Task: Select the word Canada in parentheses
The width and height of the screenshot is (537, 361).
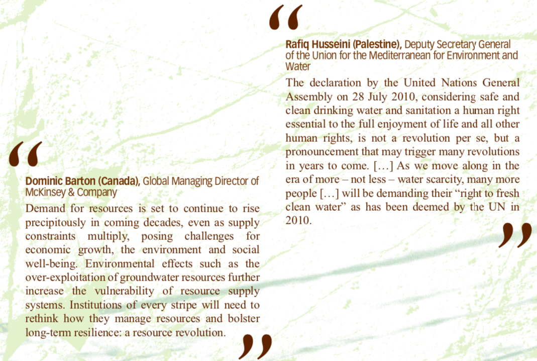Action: (x=122, y=182)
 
